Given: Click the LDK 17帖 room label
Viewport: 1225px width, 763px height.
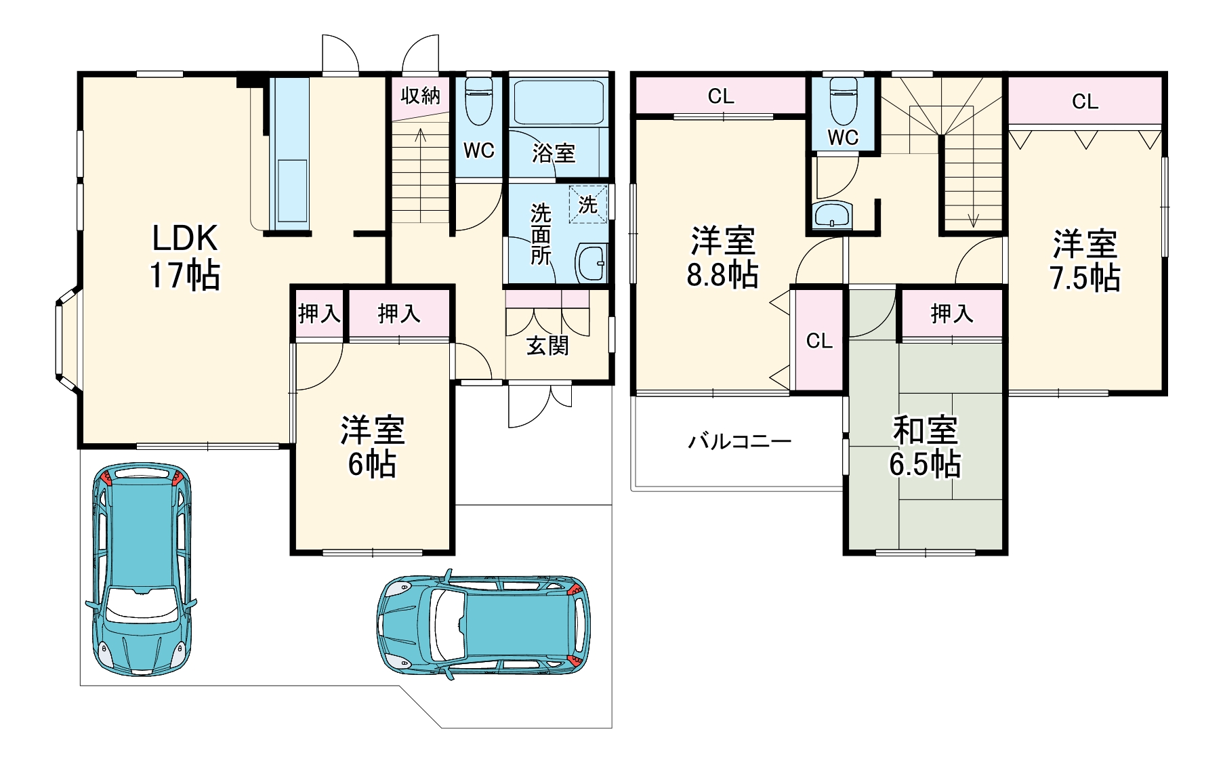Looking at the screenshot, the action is [185, 256].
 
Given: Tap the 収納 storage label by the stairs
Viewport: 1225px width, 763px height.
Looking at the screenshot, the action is [420, 96].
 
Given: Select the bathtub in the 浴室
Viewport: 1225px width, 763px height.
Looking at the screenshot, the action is [558, 102].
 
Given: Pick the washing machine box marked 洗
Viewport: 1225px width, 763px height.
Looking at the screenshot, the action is [587, 204].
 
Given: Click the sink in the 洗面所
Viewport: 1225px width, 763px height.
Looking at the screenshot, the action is [591, 263].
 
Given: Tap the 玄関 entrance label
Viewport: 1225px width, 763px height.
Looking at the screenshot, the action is [547, 346].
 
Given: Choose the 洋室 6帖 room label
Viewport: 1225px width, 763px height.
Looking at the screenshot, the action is [372, 447].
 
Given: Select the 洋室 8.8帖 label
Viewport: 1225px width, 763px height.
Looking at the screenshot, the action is [722, 257].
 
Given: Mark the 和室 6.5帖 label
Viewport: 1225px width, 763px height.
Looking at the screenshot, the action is [925, 447].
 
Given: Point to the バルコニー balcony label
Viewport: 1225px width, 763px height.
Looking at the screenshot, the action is [739, 442].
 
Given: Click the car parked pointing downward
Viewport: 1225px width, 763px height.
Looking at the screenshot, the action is [140, 569].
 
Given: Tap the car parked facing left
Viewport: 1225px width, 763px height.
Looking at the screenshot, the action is [482, 624].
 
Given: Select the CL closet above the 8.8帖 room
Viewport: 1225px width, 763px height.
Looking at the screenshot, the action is [721, 96].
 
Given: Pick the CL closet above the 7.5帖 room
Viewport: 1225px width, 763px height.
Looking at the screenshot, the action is [1085, 101].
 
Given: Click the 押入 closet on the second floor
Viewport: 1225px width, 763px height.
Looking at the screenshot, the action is [952, 313].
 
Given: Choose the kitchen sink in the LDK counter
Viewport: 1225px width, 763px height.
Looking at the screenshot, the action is [292, 190].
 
